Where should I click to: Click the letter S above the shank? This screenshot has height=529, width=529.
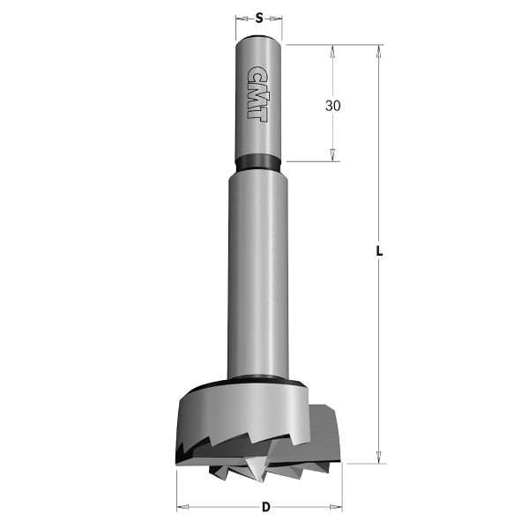pyautogui.click(x=259, y=17)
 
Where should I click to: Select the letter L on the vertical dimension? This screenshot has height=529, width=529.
pyautogui.click(x=379, y=250)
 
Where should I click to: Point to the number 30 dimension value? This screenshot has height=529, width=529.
pyautogui.click(x=332, y=106)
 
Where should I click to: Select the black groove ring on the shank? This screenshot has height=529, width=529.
pyautogui.click(x=258, y=162)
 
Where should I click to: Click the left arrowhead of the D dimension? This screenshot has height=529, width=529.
pyautogui.click(x=182, y=507)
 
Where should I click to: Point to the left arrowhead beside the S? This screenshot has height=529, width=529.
pyautogui.click(x=241, y=17)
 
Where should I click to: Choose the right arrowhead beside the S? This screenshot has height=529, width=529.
pyautogui.click(x=278, y=17)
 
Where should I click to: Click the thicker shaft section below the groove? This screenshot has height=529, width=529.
pyautogui.click(x=258, y=264)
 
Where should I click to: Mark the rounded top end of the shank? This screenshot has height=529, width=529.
pyautogui.click(x=258, y=39)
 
